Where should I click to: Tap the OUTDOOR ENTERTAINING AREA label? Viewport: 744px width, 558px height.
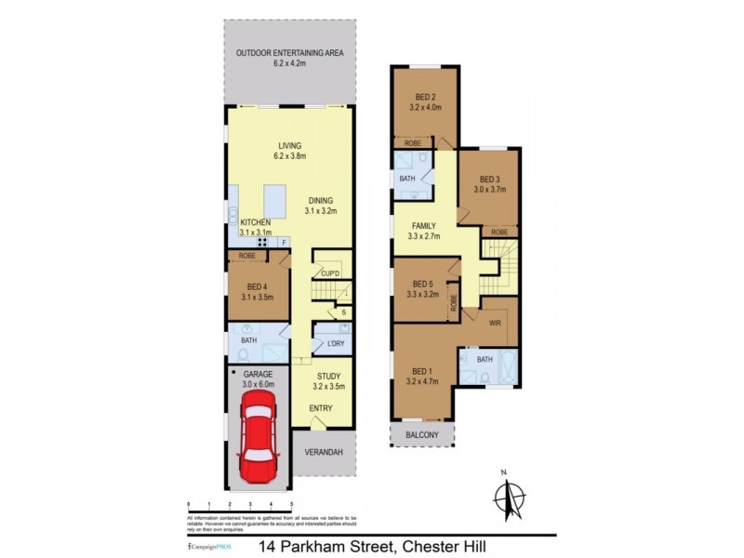pos(289,53)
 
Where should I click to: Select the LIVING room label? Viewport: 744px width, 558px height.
pos(289,145)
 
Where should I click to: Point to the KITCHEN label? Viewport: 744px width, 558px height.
pos(255,223)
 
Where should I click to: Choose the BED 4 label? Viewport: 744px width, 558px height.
pos(258,286)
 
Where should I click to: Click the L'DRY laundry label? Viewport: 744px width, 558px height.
pos(332,345)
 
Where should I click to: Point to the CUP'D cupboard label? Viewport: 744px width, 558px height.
pos(329,273)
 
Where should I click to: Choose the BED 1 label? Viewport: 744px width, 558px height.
pos(423,369)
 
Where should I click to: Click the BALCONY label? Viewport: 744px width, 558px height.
pos(424,434)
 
